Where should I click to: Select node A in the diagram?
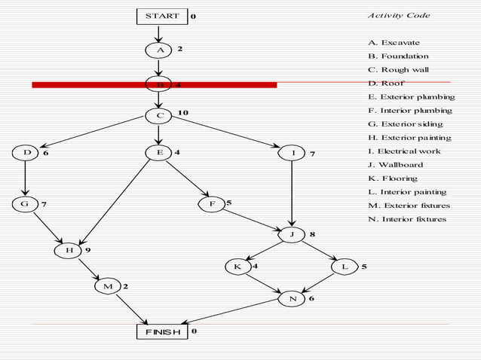coord(159,50)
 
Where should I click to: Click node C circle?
coord(159,116)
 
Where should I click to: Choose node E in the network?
coord(159,153)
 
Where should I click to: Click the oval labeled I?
coord(292,153)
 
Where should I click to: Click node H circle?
coord(69,250)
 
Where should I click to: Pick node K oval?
coord(237,267)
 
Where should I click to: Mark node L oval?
coord(345,267)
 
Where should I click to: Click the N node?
coord(292,299)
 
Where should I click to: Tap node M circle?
coord(108,286)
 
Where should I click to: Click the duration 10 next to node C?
coord(183,112)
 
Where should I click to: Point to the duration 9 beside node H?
coord(88,249)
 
